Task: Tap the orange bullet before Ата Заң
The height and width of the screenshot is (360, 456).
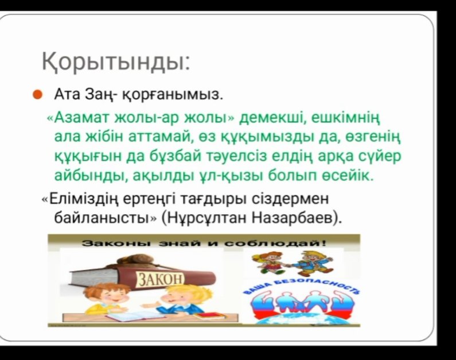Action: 37,95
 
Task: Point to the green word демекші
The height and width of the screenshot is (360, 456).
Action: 270,118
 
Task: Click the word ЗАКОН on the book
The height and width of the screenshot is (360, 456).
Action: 161,280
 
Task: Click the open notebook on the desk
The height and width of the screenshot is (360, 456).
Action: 136,315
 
